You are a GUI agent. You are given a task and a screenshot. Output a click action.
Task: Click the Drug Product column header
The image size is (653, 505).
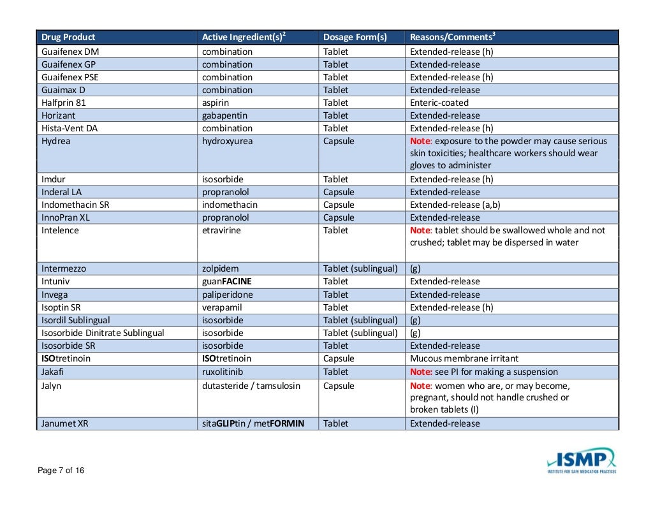[x=68, y=37]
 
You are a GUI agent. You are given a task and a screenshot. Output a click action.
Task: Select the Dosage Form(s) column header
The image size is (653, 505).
[x=355, y=37]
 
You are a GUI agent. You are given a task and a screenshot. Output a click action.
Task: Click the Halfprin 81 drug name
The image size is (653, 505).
[x=63, y=103]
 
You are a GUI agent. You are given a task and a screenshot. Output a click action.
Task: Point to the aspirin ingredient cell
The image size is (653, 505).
[x=216, y=103]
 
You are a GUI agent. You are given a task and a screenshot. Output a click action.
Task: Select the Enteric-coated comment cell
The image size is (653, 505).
[x=439, y=103]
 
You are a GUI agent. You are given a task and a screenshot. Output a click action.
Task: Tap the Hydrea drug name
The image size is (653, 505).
[x=55, y=141]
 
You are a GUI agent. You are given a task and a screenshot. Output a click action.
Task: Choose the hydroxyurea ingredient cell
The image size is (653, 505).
[x=227, y=141]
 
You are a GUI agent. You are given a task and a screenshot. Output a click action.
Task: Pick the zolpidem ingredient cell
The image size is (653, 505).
[x=220, y=268]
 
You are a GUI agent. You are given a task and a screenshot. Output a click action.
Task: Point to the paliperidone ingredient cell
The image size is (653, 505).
[x=227, y=295]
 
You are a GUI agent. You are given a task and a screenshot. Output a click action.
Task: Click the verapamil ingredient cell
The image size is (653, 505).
[x=221, y=307]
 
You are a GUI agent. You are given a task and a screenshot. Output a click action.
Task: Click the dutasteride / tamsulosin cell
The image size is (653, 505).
[x=251, y=386]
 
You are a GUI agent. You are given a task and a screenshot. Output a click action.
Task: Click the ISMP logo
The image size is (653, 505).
[x=581, y=460]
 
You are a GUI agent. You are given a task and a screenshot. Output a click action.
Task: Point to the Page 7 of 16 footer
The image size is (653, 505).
[x=61, y=471]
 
